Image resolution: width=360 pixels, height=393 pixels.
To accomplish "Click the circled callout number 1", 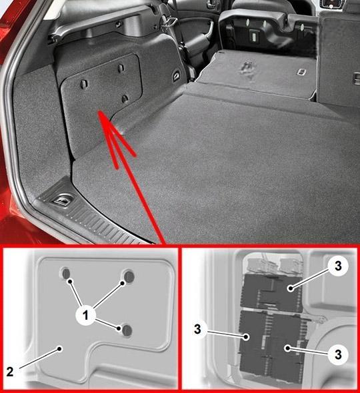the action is [86, 315].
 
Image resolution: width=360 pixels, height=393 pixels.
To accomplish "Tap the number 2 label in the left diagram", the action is [10, 372].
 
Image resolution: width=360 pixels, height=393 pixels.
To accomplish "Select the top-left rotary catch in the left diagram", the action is [66, 274].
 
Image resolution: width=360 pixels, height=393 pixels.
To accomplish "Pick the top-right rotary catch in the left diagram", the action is [129, 276].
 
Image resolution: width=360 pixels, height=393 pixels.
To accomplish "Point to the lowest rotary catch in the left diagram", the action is [127, 330].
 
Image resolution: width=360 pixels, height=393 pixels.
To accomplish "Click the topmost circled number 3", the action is [338, 266].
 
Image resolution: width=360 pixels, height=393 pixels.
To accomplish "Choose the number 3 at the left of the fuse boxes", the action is [198, 329].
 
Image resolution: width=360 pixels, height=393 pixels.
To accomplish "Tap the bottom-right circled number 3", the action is [338, 354].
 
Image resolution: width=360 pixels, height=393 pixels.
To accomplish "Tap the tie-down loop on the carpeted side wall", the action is [176, 75].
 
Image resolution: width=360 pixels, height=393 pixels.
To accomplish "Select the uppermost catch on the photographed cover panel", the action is [121, 68].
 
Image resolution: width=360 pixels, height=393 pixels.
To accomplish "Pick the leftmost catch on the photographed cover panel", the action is [84, 84].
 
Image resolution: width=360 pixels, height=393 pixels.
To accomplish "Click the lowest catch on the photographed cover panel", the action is [125, 99].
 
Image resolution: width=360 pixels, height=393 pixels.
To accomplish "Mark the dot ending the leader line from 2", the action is [60, 348].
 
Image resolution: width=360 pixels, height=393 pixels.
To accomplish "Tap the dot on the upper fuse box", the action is [291, 288].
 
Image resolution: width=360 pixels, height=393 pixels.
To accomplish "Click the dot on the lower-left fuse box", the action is [246, 336].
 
